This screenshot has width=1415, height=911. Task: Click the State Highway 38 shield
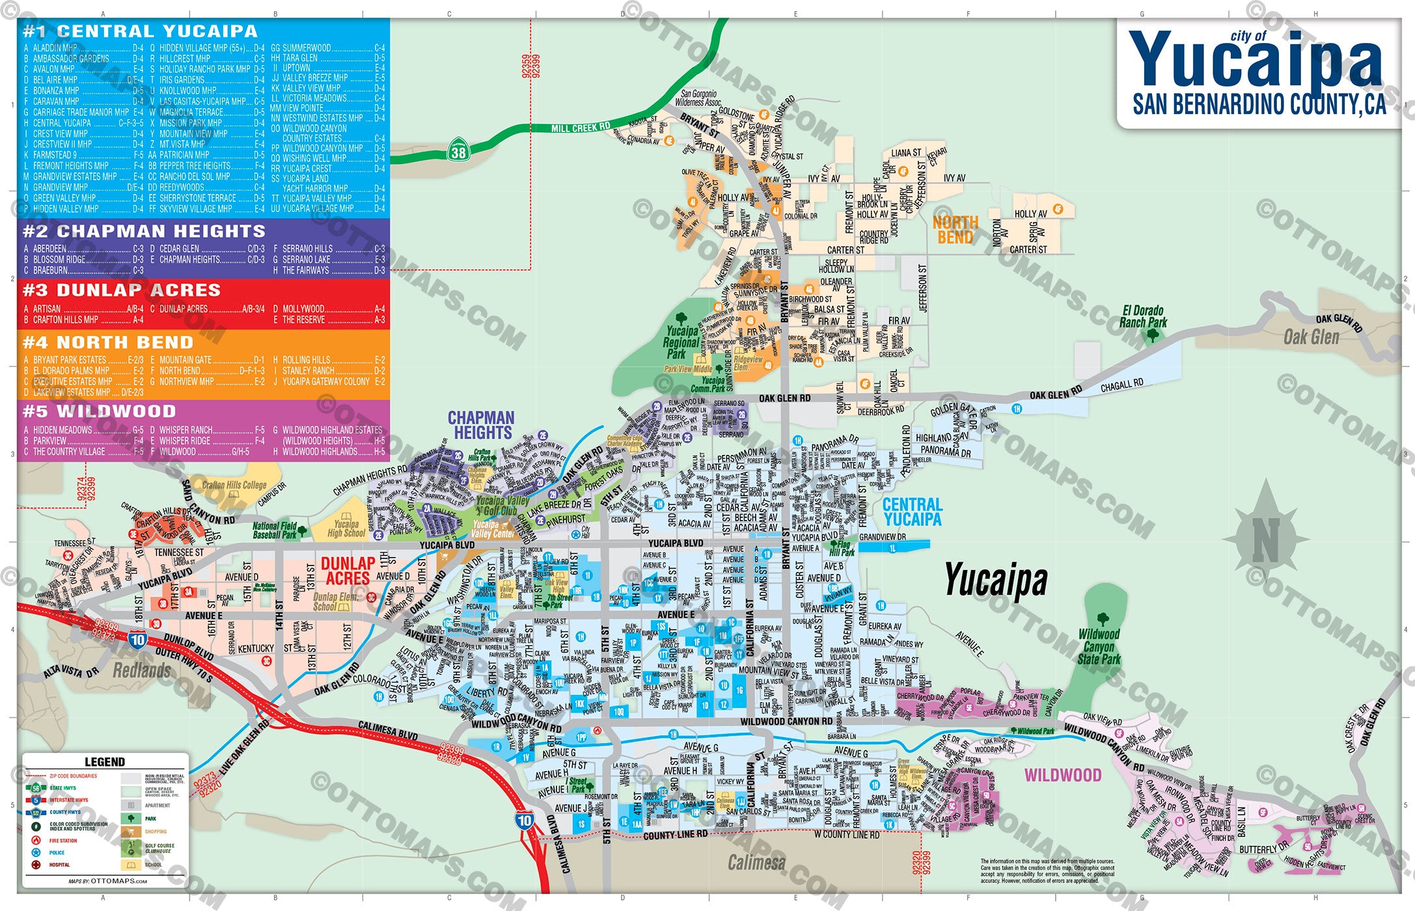(458, 152)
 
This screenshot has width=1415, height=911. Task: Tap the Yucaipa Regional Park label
(681, 342)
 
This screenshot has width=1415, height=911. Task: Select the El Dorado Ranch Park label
(1143, 316)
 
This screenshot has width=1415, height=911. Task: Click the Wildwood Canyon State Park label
(1099, 646)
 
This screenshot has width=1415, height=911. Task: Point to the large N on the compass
(1266, 540)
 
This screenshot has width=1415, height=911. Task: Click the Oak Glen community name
(1311, 337)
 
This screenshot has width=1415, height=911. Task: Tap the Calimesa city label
(756, 863)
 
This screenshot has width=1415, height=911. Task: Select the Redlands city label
(141, 670)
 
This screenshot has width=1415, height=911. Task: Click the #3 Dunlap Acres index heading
(122, 290)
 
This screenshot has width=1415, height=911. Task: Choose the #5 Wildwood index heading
(100, 411)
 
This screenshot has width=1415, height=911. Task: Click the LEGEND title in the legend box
(104, 762)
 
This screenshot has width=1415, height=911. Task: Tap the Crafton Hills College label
(234, 485)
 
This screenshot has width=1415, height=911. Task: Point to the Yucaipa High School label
(346, 528)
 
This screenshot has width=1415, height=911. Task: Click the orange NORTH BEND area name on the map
(955, 230)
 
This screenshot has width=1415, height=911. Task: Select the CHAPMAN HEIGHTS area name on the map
(481, 425)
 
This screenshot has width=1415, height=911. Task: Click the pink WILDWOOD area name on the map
(1063, 775)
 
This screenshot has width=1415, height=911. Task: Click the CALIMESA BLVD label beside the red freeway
(388, 731)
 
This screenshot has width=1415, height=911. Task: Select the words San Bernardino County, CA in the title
(1259, 105)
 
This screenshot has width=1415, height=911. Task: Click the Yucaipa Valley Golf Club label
(502, 505)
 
